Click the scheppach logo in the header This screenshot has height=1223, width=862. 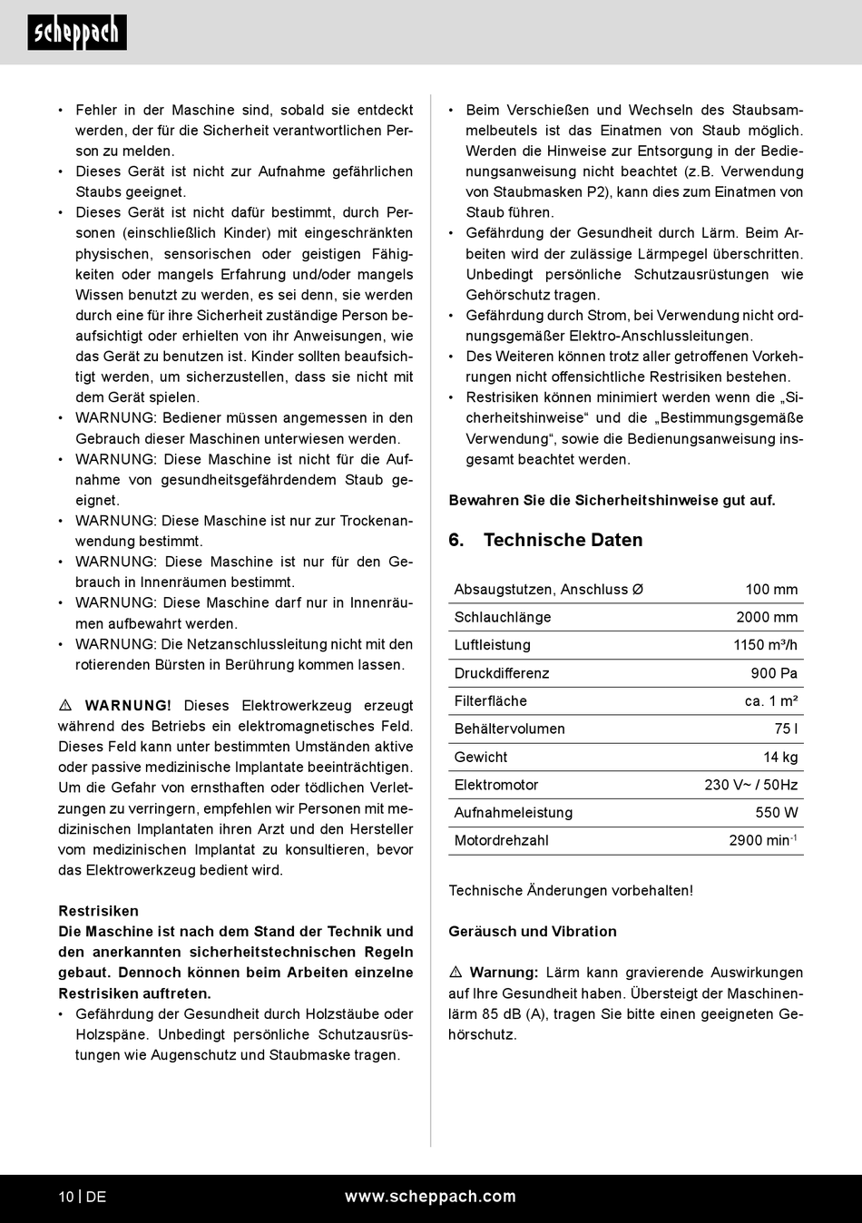point(77,33)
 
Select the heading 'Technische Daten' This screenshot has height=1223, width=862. point(563,540)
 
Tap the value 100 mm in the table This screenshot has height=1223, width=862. point(771,590)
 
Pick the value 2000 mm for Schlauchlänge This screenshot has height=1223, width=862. point(767,617)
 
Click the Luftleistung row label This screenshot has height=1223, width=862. point(492,645)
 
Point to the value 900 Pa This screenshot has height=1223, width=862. point(774,673)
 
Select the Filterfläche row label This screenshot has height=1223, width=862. point(490,701)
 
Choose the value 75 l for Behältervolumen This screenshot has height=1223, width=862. point(786,729)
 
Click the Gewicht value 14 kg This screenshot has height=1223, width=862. point(780,757)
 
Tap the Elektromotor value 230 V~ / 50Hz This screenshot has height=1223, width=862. point(750,785)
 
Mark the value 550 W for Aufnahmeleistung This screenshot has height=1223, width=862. point(777,813)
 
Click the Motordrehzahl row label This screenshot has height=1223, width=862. point(501,841)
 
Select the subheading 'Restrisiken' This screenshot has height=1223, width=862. point(98,911)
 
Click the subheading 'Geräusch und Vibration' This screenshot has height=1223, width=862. point(532,932)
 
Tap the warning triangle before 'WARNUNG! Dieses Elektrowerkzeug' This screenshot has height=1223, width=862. point(65,706)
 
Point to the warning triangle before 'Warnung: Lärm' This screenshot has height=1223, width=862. point(455,973)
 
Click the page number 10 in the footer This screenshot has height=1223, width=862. point(66,1197)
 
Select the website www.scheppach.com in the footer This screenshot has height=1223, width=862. point(430,1197)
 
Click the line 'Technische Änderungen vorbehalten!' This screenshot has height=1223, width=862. point(570,891)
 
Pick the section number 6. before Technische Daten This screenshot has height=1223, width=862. point(456,540)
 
